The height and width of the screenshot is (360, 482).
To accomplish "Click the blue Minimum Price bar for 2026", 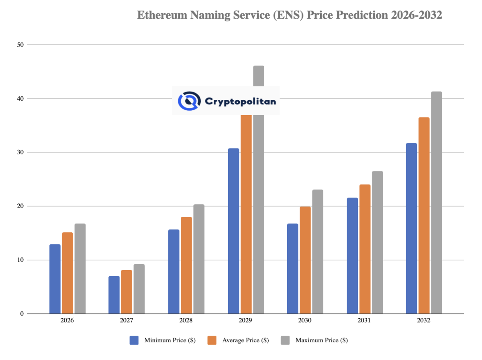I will (55, 279).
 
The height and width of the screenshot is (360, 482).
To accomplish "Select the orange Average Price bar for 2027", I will (127, 292).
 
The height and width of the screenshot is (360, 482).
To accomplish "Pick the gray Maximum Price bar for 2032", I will (437, 203).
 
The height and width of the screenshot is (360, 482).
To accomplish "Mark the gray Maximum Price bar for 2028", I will (199, 259).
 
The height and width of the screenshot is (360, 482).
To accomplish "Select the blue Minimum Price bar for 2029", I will (233, 231).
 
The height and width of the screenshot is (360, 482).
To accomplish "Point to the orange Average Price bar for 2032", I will (424, 216).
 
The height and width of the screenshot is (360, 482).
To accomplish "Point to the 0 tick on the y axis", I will (22, 314).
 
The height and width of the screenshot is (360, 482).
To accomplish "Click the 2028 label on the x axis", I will (186, 321).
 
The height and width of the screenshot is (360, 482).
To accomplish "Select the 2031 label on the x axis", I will (364, 321).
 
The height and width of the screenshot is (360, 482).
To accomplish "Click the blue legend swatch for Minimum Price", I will (134, 340).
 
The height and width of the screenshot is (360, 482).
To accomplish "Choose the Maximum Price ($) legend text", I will (321, 340).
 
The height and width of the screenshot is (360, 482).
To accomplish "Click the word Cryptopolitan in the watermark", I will (240, 102).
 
